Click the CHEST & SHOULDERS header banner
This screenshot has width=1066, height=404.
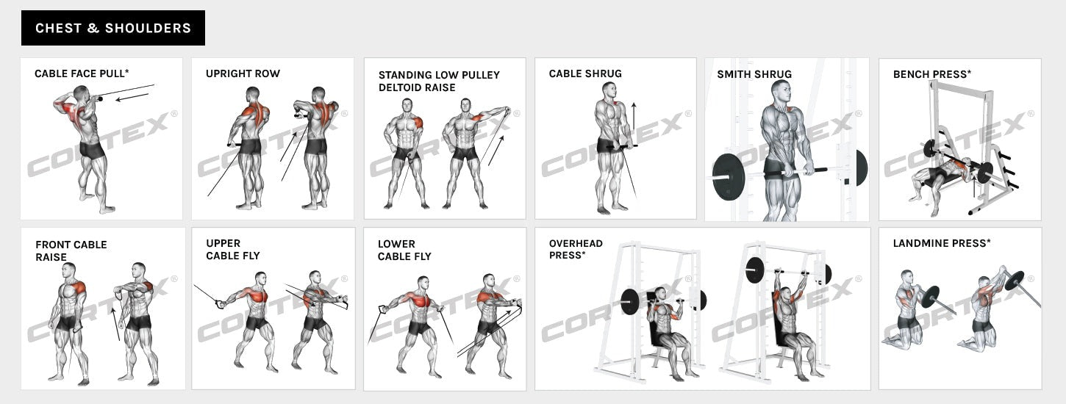[113, 28]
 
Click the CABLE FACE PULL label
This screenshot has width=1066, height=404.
[82, 73]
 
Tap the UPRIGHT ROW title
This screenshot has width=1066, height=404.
[243, 73]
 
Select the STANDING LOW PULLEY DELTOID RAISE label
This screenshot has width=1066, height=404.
[439, 81]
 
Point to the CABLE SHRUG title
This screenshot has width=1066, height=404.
[585, 73]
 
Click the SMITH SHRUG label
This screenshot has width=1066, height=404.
[754, 74]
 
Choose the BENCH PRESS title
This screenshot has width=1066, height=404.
[931, 74]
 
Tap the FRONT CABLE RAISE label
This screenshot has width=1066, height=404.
[71, 250]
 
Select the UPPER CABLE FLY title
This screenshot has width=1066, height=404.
[232, 249]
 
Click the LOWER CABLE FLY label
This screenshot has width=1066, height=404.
[404, 250]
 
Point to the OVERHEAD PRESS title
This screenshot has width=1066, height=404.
[576, 249]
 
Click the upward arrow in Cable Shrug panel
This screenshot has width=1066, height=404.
[633, 118]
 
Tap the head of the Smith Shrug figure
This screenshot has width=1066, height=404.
[781, 92]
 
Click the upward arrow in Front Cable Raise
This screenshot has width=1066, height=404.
[115, 323]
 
